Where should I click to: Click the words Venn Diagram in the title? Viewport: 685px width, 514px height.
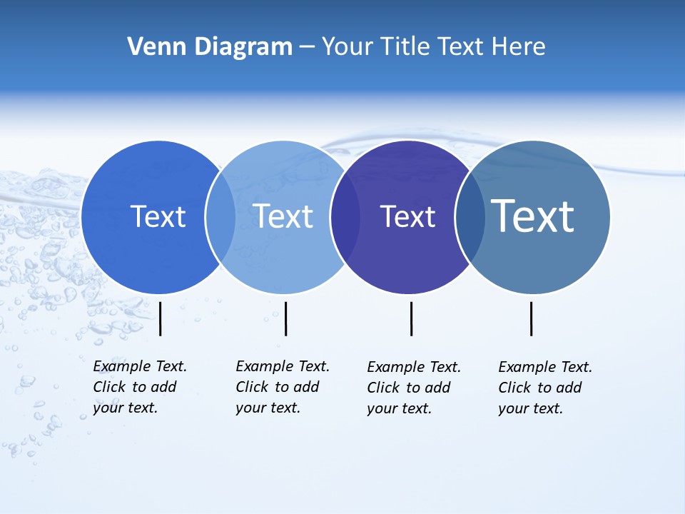pos(210,47)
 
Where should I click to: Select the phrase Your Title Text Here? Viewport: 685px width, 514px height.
pos(433,47)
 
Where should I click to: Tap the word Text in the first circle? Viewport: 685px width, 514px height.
pos(158,216)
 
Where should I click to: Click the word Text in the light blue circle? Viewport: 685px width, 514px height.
pos(283,216)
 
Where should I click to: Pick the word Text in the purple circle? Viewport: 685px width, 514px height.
pos(407,216)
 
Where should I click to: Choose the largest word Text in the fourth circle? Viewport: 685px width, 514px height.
pos(533,216)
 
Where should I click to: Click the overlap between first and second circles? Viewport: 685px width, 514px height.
pos(221,217)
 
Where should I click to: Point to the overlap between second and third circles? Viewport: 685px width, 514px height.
pos(345,217)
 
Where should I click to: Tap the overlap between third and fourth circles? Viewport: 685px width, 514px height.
pos(470,217)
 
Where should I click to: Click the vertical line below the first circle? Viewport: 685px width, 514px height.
pos(161,318)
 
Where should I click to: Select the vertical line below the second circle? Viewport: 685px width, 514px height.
pos(285,318)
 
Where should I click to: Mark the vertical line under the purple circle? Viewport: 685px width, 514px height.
pos(411,318)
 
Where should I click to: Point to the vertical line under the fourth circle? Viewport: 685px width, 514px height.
pos(531,318)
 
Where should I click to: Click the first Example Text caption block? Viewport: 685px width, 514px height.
pos(140,387)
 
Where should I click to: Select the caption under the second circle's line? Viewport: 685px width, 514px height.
pos(283,387)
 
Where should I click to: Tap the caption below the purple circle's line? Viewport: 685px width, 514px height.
pos(414,388)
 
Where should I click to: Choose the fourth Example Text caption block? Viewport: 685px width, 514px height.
pos(545,388)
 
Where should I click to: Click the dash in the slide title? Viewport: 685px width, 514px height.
pos(307,47)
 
